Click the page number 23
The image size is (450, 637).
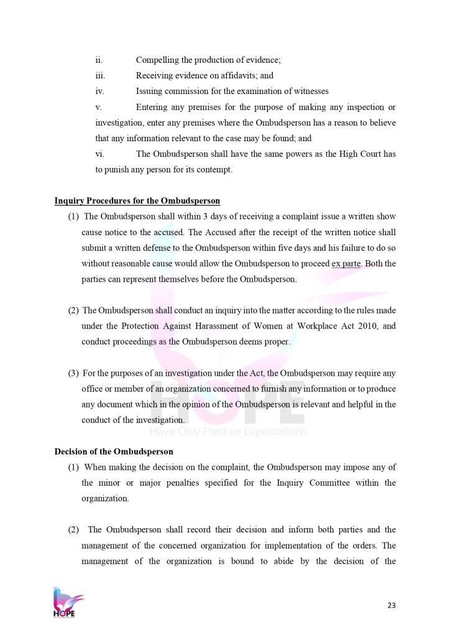pos(391,605)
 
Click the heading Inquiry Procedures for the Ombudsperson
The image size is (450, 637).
pos(137,201)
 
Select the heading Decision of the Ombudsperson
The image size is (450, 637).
pos(114,451)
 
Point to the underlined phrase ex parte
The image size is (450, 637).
pos(347,264)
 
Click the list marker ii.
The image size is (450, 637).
pos(99,60)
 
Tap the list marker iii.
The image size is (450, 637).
pos(100,75)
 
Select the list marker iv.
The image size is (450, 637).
pos(99,91)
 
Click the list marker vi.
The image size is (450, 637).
pos(99,154)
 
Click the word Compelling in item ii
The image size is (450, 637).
pos(156,60)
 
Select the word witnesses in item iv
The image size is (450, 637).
pos(307,91)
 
